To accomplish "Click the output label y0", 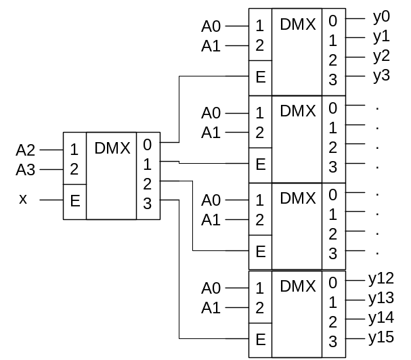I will [x=381, y=17].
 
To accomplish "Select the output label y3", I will [x=381, y=75].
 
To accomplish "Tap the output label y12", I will [x=381, y=279].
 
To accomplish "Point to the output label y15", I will [x=381, y=337].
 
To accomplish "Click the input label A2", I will [x=26, y=150].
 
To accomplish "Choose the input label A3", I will [x=26, y=170].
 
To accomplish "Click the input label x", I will [x=23, y=200].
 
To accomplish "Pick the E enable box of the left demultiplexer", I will [x=74, y=201].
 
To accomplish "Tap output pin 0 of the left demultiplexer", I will [x=147, y=144].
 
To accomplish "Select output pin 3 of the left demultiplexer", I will [x=147, y=204].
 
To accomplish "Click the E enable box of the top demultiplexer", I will [x=260, y=76].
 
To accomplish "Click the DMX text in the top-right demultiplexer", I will [x=297, y=25].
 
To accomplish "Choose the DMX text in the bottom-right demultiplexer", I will [x=297, y=287].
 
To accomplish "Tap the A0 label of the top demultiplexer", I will [x=211, y=27].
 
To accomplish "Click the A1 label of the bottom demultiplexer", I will [x=211, y=309].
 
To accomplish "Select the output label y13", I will [x=381, y=298].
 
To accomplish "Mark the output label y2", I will [x=381, y=55].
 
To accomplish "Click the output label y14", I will [x=381, y=317].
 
